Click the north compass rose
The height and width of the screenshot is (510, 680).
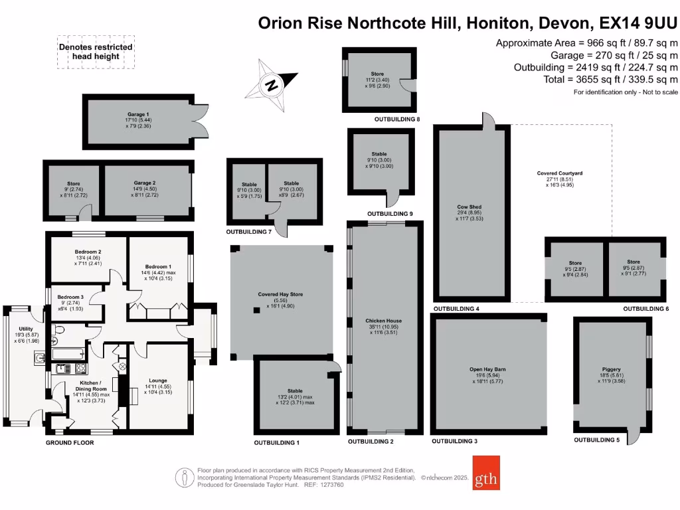click(x=271, y=84)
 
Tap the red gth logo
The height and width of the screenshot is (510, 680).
click(x=486, y=472)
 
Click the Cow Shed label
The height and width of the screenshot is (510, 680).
click(x=472, y=207)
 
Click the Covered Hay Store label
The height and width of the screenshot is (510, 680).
click(x=280, y=294)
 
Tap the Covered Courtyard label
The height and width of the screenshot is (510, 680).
click(x=560, y=173)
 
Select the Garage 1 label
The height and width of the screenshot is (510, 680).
click(x=139, y=114)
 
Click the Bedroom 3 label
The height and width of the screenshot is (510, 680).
click(x=70, y=297)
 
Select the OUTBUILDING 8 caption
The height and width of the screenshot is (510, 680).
click(x=397, y=120)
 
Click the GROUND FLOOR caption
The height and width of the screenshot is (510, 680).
click(x=70, y=442)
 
